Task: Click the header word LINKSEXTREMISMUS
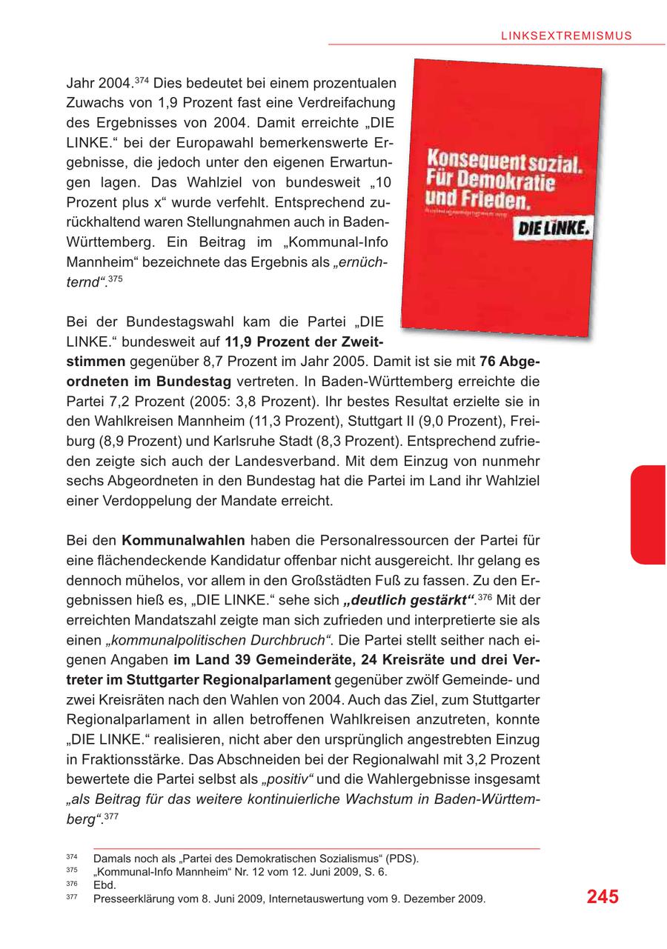(x=565, y=35)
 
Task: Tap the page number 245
(x=603, y=897)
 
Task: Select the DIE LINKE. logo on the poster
(x=552, y=229)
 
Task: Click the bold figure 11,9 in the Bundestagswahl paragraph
(x=239, y=342)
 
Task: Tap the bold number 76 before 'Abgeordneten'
(x=488, y=363)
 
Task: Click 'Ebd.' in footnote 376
(x=104, y=885)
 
